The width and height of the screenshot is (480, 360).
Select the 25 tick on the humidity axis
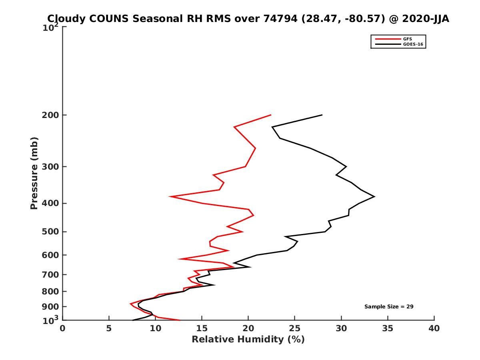[x=295, y=329]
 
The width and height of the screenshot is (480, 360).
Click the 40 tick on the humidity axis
[x=434, y=329]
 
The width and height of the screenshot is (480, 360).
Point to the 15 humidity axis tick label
[x=202, y=329]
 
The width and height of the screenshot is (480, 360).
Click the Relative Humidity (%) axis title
[x=248, y=340]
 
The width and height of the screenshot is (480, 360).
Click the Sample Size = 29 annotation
[x=388, y=307]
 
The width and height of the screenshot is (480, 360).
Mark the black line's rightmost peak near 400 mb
[x=374, y=196]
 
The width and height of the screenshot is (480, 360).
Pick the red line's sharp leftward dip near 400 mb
[x=170, y=196]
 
